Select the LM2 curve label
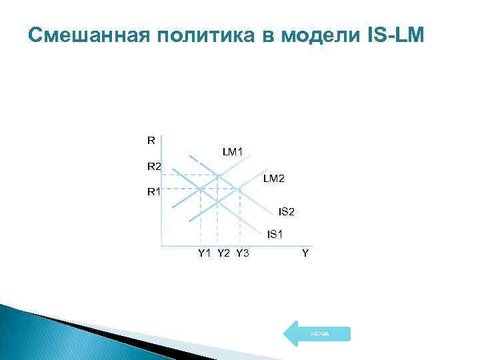pyautogui.click(x=273, y=178)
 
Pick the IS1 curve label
pyautogui.click(x=275, y=234)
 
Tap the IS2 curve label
pyautogui.click(x=286, y=212)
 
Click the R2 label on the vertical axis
pyautogui.click(x=154, y=166)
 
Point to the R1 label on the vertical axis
pyautogui.click(x=154, y=192)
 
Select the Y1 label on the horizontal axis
pyautogui.click(x=204, y=253)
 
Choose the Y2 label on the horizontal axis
pyautogui.click(x=223, y=253)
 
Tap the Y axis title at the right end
pyautogui.click(x=305, y=253)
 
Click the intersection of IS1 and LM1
pyautogui.click(x=201, y=190)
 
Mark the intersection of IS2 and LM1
pyautogui.click(x=219, y=175)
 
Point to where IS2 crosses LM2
pyautogui.click(x=239, y=190)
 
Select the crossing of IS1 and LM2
pyautogui.click(x=219, y=201)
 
